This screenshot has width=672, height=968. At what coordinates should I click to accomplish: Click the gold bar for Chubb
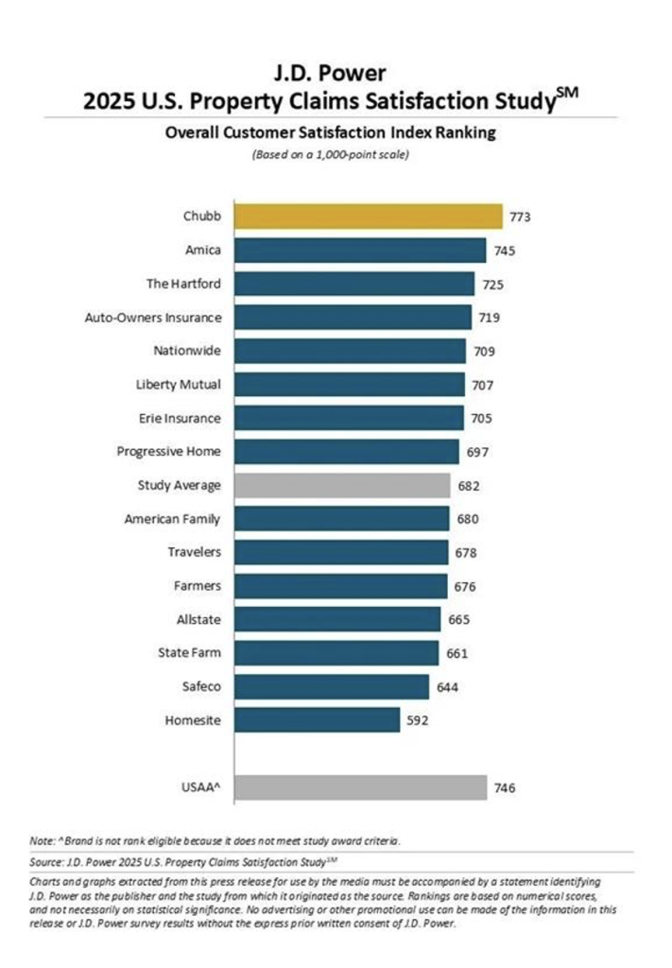[x=368, y=216]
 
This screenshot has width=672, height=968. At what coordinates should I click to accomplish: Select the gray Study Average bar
[x=341, y=485]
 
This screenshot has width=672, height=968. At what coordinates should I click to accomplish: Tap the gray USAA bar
[x=360, y=786]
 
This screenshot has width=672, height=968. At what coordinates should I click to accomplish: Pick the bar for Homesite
[x=317, y=719]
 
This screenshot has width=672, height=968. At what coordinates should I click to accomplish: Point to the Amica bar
[x=360, y=251]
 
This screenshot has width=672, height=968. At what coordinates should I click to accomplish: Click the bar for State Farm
[x=336, y=652]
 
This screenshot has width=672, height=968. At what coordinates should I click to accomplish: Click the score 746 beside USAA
[x=506, y=786]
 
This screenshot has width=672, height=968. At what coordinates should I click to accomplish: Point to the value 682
[x=468, y=486]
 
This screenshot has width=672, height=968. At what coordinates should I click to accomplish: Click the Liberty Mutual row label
[x=179, y=385]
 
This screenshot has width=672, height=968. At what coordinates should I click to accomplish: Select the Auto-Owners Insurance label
[x=153, y=318]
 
